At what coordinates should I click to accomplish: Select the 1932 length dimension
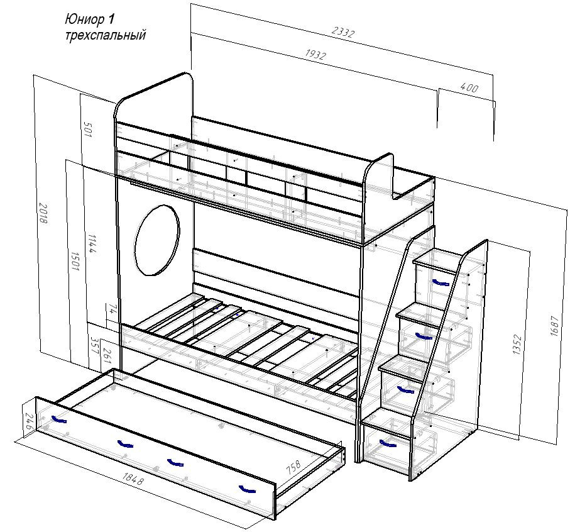click(315, 55)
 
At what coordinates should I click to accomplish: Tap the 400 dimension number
click(469, 88)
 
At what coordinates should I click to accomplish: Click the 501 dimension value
click(87, 130)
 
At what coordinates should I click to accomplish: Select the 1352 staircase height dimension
click(517, 345)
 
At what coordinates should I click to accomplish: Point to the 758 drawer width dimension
click(293, 469)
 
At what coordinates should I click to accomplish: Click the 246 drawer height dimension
click(27, 421)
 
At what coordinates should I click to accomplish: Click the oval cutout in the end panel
click(156, 240)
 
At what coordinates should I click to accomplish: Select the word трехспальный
click(105, 36)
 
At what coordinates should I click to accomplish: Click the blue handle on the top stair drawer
click(441, 280)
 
